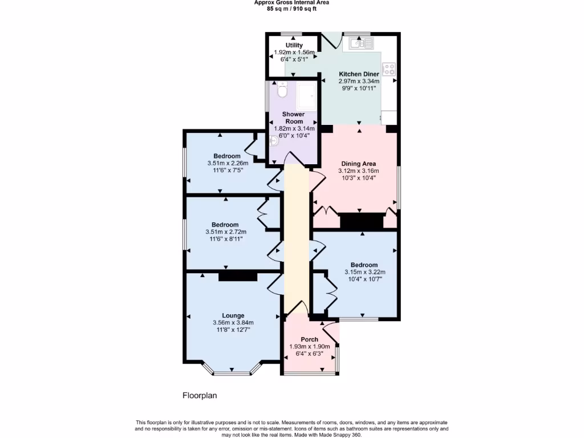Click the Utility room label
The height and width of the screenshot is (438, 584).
pos(294,45)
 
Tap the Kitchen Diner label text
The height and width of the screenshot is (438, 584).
pos(359,74)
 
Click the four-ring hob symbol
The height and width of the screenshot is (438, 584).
pos(390,69)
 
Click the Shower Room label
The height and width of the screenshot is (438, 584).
pos(294,117)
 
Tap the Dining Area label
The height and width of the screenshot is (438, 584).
pos(358,164)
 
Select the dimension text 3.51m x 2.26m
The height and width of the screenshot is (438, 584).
pos(227,163)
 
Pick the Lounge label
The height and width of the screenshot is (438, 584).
pos(233,315)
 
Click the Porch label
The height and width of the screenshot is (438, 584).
pos(310,339)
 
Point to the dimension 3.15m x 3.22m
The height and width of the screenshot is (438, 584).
pos(364,272)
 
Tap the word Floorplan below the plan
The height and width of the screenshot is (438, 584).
pos(200,395)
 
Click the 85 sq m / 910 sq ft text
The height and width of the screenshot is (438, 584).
pos(291,9)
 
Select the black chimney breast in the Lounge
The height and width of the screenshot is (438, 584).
pos(238,276)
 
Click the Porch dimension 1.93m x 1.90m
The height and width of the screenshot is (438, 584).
pos(310,347)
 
